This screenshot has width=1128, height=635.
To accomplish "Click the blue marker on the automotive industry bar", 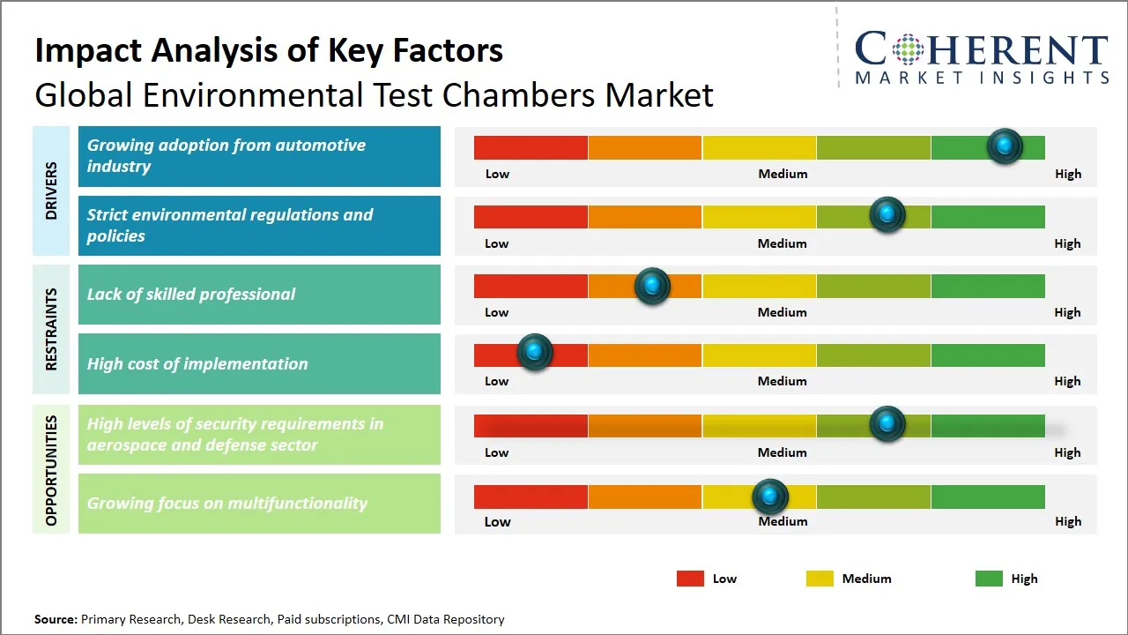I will [x=1004, y=146].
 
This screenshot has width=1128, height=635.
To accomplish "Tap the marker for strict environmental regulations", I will [x=887, y=215].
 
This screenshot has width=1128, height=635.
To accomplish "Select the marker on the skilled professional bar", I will [x=652, y=286].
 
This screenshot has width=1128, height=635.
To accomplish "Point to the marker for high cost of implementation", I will [x=534, y=352].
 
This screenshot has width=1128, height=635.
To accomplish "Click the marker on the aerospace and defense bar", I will [x=887, y=424].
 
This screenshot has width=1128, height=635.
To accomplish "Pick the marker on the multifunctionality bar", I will [x=771, y=497].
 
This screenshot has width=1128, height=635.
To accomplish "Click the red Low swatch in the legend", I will [x=690, y=579].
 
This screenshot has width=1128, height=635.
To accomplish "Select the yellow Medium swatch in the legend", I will [x=820, y=579].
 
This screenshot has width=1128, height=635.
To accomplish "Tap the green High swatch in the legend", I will [x=989, y=579].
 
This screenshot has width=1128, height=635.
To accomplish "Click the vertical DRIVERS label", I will [x=51, y=190].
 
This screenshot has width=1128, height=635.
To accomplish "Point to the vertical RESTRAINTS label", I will [x=51, y=329].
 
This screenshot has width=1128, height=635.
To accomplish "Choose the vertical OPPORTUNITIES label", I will [x=51, y=470].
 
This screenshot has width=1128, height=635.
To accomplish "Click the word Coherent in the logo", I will [x=981, y=49].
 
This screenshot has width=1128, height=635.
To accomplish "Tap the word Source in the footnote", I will [x=55, y=619].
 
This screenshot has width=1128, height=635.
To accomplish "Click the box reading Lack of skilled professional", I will [x=259, y=295].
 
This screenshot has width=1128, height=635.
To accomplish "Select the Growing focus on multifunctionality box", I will [x=259, y=504].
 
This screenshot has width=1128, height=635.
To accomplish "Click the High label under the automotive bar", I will [x=1067, y=174].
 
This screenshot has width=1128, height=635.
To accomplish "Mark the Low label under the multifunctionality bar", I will [x=497, y=521].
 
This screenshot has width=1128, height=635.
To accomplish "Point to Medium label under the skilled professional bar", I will [x=782, y=312].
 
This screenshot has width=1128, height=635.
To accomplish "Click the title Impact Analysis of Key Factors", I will [x=269, y=50].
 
